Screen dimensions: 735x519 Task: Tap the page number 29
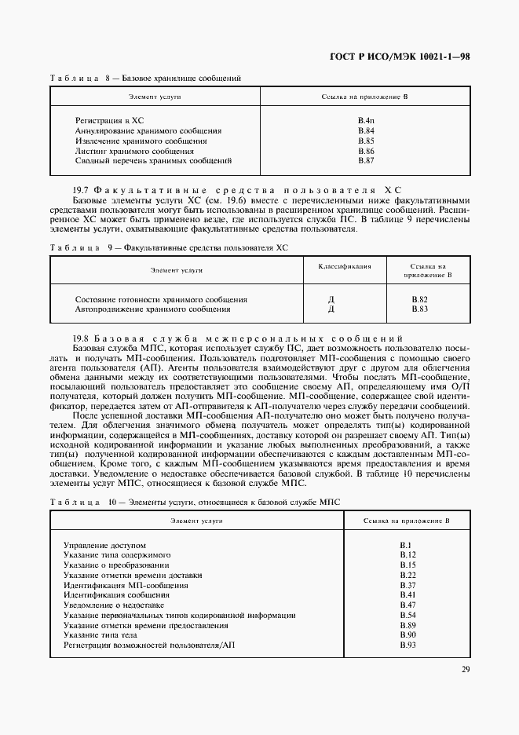pyautogui.click(x=466, y=669)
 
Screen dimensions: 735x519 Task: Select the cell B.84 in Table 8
pyautogui.click(x=366, y=130)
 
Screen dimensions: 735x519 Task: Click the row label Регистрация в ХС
pyautogui.click(x=109, y=119)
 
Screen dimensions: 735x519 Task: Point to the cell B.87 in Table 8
pyautogui.click(x=366, y=160)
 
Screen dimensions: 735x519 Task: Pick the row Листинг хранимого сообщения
pyautogui.click(x=134, y=150)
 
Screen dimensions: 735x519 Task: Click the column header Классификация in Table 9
pyautogui.click(x=345, y=266)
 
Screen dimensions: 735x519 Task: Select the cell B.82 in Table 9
pyautogui.click(x=420, y=299)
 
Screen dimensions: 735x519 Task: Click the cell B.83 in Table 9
pyautogui.click(x=420, y=309)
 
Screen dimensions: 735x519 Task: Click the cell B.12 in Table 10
pyautogui.click(x=407, y=554)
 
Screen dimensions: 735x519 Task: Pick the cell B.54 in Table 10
pyautogui.click(x=407, y=615)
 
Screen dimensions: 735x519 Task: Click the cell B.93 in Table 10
pyautogui.click(x=407, y=645)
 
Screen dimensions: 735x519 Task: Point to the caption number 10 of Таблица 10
pyautogui.click(x=112, y=502)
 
